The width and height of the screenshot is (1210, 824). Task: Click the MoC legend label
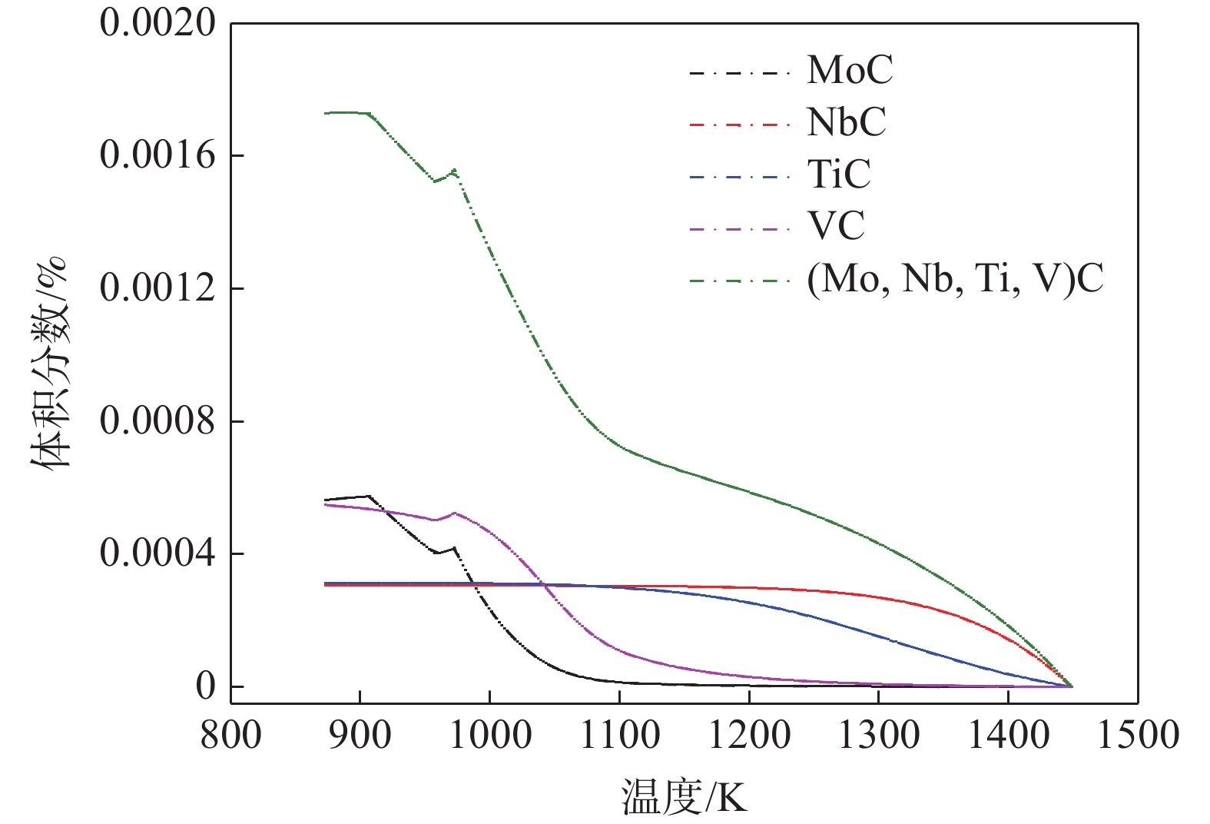(850, 71)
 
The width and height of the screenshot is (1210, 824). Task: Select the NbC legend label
(846, 122)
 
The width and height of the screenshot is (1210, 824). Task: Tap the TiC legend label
(838, 174)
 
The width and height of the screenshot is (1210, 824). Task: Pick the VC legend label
(835, 226)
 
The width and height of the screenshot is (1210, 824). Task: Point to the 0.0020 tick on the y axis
(157, 23)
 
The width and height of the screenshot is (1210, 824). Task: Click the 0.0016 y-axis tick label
(157, 155)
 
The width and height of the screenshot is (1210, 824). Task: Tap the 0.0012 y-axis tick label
(157, 288)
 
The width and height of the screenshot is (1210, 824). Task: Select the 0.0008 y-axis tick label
(157, 421)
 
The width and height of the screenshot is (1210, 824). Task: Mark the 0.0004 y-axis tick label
(157, 554)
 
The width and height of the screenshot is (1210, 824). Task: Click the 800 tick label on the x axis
(230, 735)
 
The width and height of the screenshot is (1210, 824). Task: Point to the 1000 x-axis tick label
(489, 735)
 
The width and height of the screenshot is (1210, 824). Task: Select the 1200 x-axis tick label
(748, 735)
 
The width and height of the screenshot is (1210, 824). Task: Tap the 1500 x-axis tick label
(1138, 735)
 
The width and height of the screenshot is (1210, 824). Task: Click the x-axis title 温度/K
(684, 797)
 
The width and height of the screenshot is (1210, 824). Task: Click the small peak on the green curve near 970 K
(454, 171)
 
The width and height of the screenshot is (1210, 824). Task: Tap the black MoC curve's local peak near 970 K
(455, 548)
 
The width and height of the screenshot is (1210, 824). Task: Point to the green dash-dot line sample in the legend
(739, 281)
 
